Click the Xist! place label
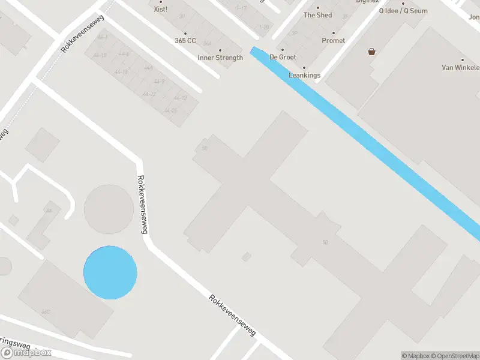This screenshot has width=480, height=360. click(x=160, y=9)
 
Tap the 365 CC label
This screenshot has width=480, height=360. click(x=185, y=41)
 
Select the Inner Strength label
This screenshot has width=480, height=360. click(x=220, y=58)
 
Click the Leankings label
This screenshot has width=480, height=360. click(x=304, y=75)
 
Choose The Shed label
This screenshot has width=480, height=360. click(x=317, y=15)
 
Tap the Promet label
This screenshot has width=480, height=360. click(x=334, y=41)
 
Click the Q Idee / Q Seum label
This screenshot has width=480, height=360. click(x=403, y=11)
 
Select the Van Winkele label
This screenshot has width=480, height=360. click(x=460, y=68)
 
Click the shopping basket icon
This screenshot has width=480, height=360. click(x=372, y=52)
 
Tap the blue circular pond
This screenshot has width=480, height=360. click(x=110, y=272)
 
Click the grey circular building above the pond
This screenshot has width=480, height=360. click(x=109, y=209)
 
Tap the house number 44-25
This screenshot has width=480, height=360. click(x=170, y=110)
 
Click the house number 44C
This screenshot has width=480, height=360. click(x=46, y=312)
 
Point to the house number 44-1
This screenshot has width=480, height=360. click(x=103, y=38)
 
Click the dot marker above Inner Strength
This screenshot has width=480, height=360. click(x=220, y=50)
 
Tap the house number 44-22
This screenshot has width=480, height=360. click(x=149, y=94)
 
